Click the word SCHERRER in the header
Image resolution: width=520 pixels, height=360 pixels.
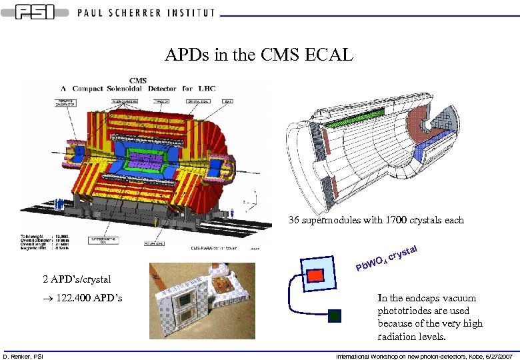click(x=143, y=12)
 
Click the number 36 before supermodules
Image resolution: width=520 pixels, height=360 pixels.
click(x=294, y=220)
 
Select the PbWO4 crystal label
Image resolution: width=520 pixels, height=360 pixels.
click(x=386, y=260)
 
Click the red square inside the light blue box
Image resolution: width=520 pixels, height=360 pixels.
click(x=315, y=275)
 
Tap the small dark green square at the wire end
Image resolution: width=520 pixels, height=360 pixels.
click(x=335, y=315)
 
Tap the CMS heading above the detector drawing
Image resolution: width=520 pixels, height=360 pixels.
click(x=138, y=81)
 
